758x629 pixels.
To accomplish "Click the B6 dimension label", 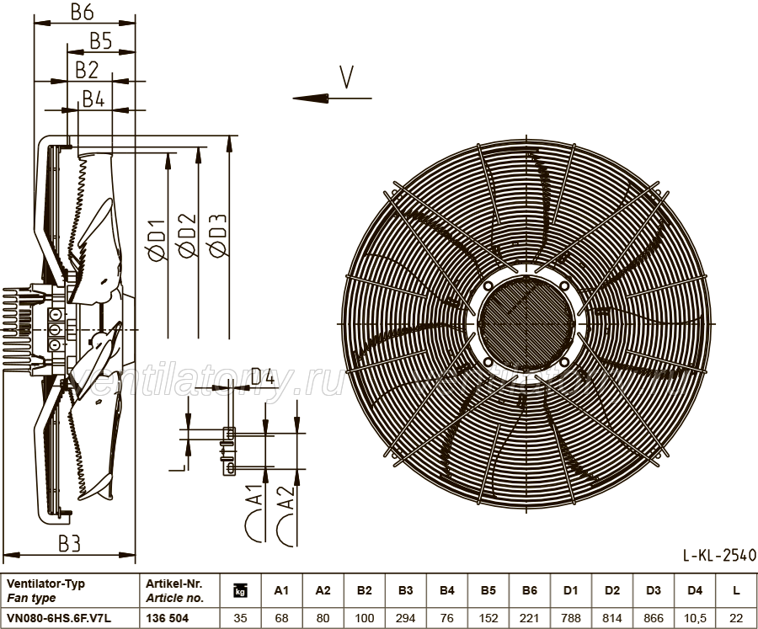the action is coord(83,12).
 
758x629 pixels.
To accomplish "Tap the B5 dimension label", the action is coord(101,41).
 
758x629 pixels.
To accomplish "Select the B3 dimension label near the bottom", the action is coord(70,544).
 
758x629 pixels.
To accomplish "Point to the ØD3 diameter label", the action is coord(218,236).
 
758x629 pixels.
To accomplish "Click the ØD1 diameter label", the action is coord(157,240).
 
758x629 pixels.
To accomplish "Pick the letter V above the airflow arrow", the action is coord(346,77).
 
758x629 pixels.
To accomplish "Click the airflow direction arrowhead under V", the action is coord(310,99).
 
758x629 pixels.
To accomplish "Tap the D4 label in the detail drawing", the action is coord(263,376).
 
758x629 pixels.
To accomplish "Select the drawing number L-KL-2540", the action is coord(719,555).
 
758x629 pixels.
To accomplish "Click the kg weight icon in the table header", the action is coord(240,590).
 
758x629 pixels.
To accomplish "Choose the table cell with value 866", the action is coord(654,618).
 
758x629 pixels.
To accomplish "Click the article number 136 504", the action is coord(168,618).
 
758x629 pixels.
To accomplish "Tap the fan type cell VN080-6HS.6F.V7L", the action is coord(59,618).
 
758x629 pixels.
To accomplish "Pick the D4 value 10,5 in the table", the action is coord(695,618).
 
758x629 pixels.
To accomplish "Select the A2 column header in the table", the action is coord(323,590).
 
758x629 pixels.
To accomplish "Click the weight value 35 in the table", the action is coord(240,618).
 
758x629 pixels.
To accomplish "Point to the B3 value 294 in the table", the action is coord(406,618).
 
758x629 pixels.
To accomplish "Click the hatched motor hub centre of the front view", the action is coord(526,323).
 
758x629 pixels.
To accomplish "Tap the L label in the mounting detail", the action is coord(178,467).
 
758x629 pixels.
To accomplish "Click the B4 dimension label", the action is coord(93,99).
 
